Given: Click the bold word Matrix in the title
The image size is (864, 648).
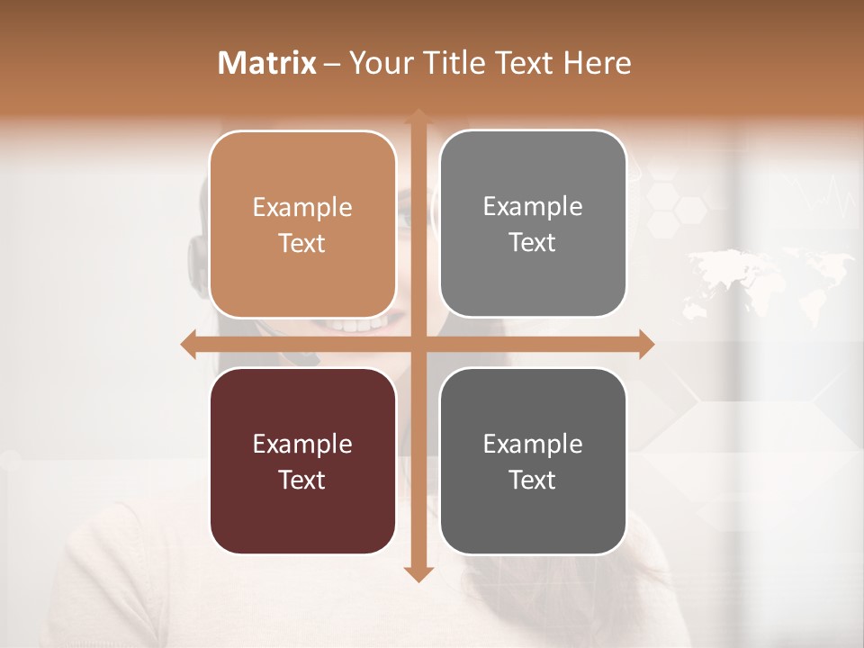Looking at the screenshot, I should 267,63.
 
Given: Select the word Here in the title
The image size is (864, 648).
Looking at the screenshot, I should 598,63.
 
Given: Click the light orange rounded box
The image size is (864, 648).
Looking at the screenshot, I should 302,224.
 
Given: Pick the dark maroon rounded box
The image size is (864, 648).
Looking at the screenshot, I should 302,461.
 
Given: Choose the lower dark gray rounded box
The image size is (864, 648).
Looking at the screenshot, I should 533,461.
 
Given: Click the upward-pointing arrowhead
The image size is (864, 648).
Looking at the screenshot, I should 418,116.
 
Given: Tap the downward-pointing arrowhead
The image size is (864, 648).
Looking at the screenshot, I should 418,573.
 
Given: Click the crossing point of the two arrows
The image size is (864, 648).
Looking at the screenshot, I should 418,344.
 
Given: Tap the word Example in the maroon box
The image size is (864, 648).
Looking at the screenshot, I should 302,444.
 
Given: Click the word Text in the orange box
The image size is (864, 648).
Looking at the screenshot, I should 302,243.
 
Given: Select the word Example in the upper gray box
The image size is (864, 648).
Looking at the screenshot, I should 533,206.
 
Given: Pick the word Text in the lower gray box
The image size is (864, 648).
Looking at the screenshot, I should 533,480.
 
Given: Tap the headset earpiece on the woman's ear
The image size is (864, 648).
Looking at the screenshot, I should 197,261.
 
